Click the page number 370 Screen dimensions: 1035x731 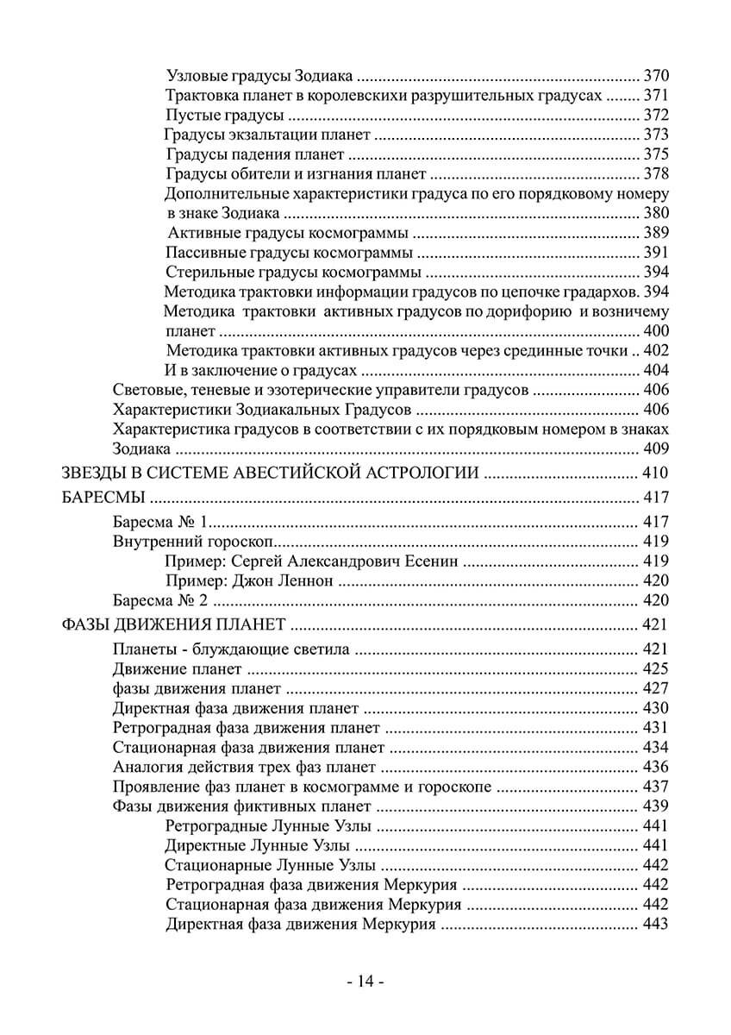point(657,74)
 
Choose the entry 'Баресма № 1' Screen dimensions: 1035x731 point(161,521)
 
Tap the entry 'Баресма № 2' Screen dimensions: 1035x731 point(161,600)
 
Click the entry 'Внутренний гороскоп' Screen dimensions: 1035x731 point(193,541)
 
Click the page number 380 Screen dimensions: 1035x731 point(657,213)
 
